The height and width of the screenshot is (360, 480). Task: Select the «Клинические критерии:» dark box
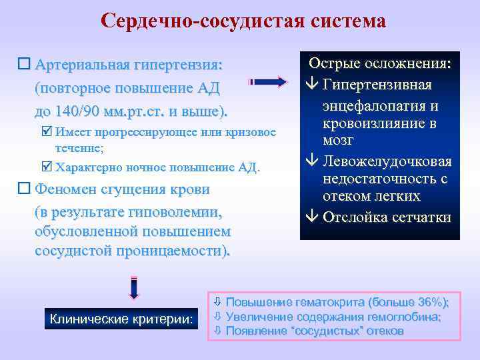(121, 319)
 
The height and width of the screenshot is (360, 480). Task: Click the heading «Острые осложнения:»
(379, 65)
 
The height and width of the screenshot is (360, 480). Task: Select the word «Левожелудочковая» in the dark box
(387, 161)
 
